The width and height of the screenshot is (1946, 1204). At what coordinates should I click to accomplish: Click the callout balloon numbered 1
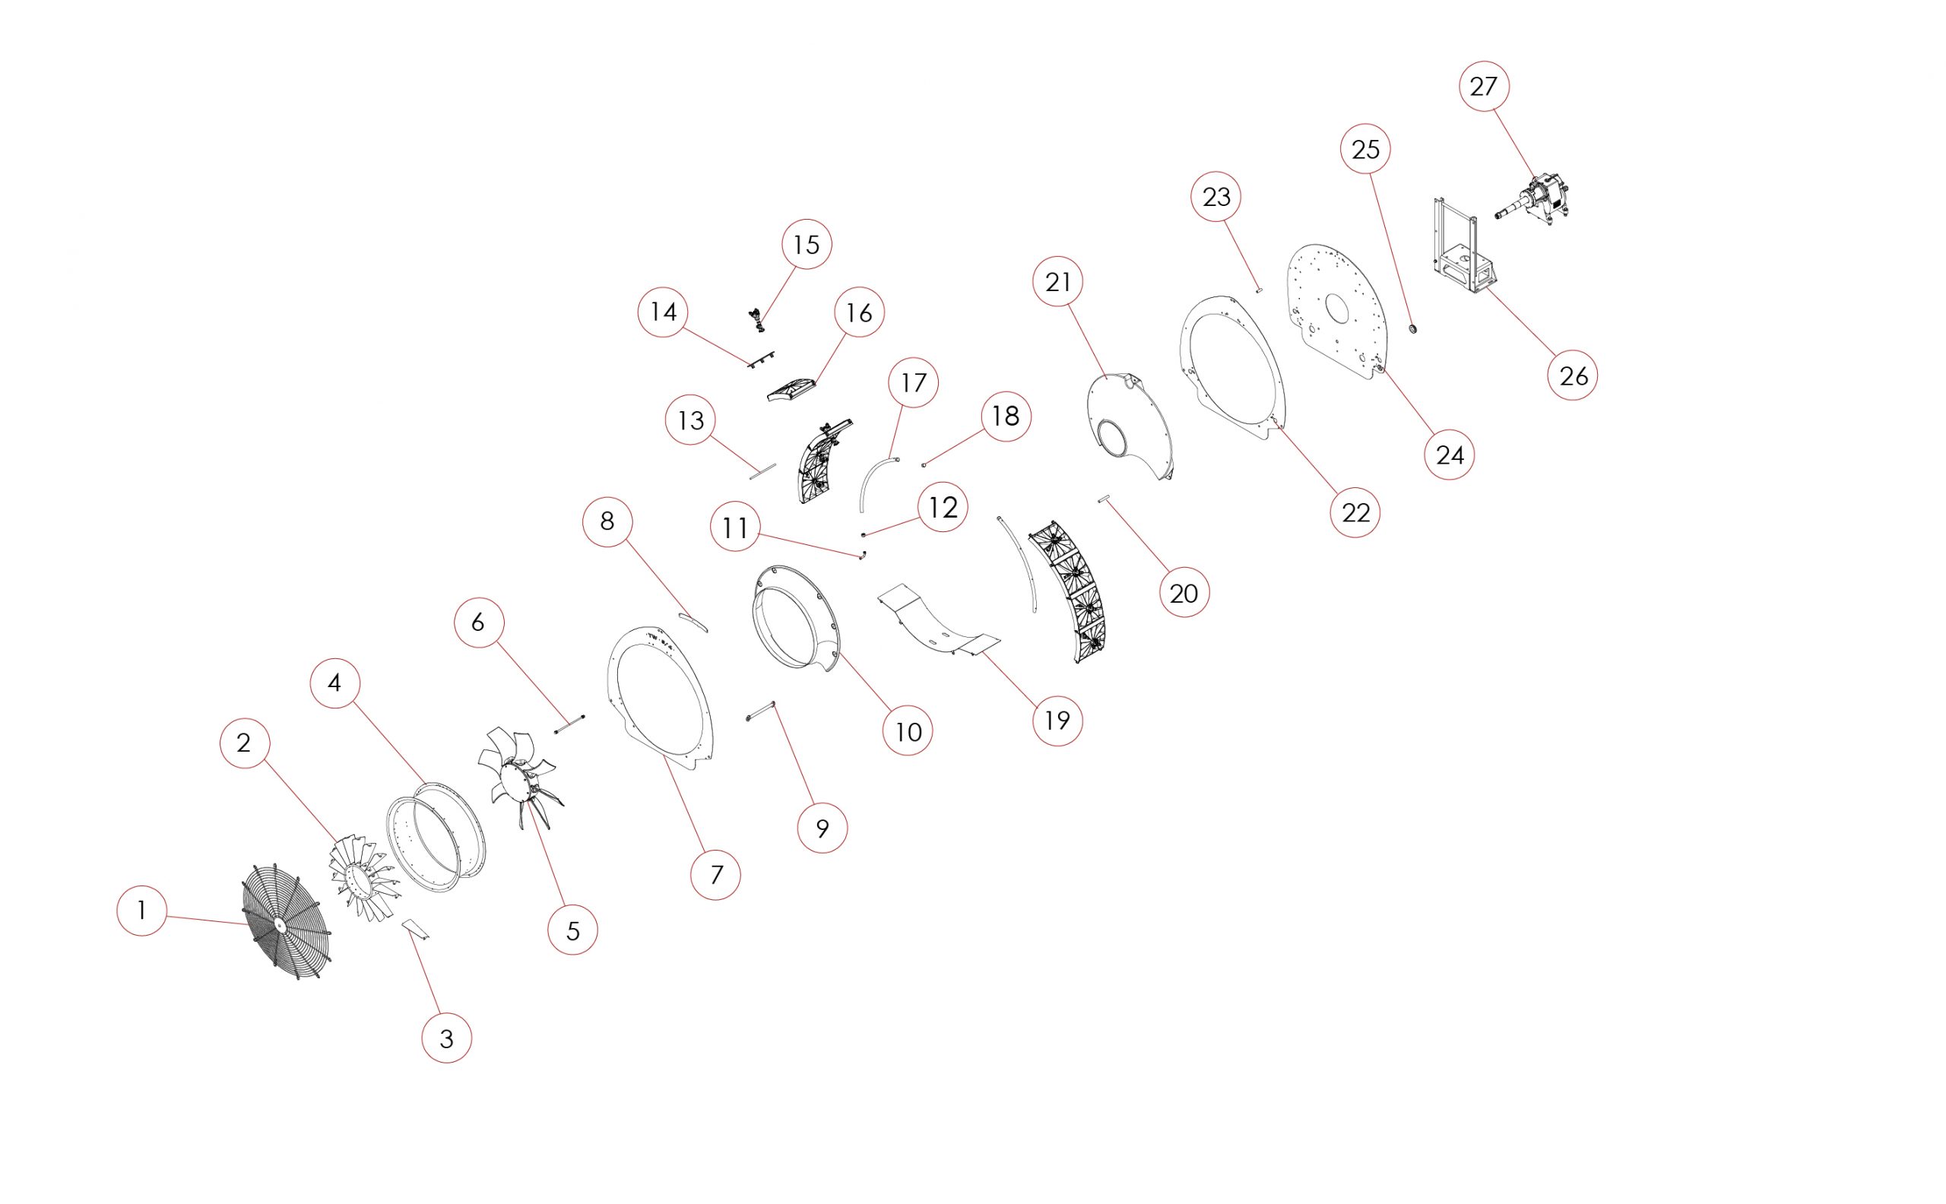click(141, 909)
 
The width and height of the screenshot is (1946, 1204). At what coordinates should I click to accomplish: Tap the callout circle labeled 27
click(1483, 86)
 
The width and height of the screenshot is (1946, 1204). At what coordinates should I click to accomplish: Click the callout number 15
click(807, 244)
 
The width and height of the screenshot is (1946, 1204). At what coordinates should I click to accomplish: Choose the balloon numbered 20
click(1184, 592)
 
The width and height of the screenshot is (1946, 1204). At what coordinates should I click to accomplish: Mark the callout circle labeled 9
click(822, 829)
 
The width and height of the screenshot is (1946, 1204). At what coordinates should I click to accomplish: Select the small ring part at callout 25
click(1414, 328)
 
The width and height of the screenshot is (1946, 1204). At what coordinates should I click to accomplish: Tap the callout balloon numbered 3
click(447, 1038)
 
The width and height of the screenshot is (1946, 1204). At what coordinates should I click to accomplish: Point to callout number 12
click(943, 507)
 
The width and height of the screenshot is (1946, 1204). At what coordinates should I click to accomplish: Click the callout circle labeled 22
click(1356, 512)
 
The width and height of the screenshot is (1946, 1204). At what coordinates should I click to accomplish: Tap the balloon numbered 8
click(607, 521)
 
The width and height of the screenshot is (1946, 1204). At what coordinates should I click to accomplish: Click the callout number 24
click(1449, 454)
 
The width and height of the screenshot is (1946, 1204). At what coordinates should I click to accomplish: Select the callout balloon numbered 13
click(690, 420)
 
